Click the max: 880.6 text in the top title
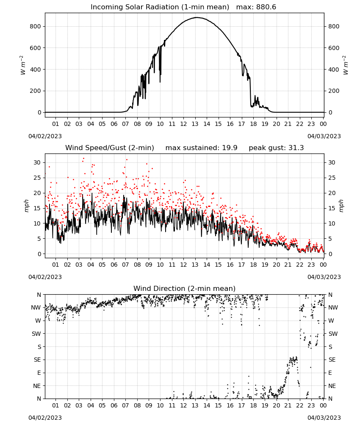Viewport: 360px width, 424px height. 256,7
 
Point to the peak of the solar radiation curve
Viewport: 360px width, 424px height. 197,17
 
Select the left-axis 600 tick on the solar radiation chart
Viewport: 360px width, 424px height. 36,48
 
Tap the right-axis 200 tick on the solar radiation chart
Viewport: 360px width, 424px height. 334,91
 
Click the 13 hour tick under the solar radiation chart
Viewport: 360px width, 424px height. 195,124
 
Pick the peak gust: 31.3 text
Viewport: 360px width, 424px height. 276,148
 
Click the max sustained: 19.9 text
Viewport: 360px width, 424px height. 201,148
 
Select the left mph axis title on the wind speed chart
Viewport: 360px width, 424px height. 26,206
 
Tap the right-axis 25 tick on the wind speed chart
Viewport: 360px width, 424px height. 332,178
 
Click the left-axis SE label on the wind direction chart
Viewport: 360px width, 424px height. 37,360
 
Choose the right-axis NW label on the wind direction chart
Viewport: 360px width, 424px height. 333,307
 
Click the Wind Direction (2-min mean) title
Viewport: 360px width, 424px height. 185,288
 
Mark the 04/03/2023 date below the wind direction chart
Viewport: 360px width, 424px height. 324,418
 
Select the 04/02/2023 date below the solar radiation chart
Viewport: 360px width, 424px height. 45,136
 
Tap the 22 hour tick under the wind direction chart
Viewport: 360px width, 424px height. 299,405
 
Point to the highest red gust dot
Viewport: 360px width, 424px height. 83,158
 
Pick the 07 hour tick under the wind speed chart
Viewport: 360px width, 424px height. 125,265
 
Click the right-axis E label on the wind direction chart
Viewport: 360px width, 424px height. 330,373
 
